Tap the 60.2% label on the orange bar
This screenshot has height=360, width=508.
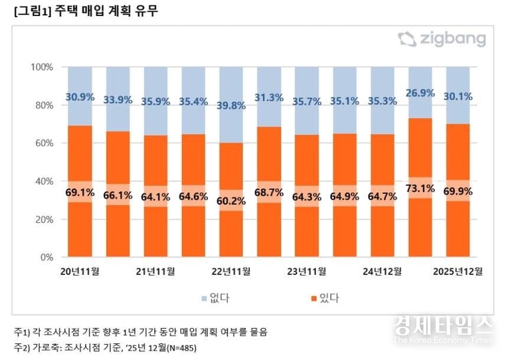pos(231,200)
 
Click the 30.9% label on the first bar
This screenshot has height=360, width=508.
pos(80,97)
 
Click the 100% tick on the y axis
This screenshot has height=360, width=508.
pos(41,67)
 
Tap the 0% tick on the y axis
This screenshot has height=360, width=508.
pos(46,257)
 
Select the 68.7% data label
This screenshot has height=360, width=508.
pos(269,193)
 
